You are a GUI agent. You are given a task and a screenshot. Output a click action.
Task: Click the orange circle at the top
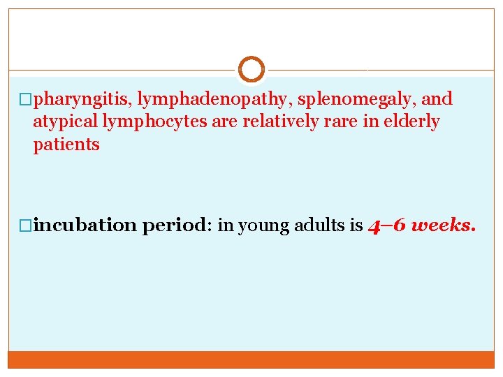251,70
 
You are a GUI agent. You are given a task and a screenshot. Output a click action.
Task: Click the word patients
66,145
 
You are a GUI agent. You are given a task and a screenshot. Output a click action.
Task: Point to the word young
260,226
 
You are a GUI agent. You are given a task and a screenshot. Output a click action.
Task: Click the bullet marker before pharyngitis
27,100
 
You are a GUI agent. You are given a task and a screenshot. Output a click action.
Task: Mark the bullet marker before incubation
27,226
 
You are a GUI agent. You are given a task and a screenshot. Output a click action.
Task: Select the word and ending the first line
438,99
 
